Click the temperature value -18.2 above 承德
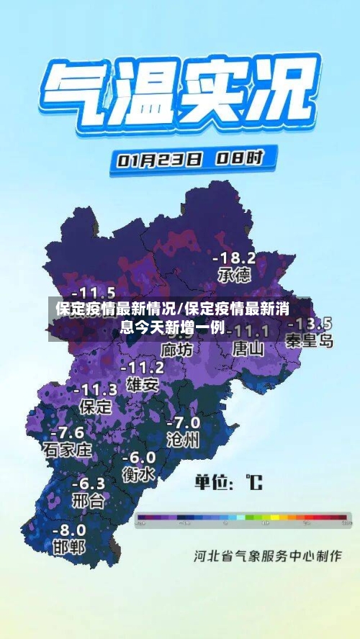coord(233,257)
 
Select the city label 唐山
coord(248,348)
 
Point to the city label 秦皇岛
coord(309,340)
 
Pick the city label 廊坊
coord(177,350)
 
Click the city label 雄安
coord(142,384)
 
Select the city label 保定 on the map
coord(95,406)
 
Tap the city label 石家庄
coord(68,450)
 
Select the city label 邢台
coord(89,499)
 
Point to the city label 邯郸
coord(69,546)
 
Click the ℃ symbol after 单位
coord(253,481)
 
